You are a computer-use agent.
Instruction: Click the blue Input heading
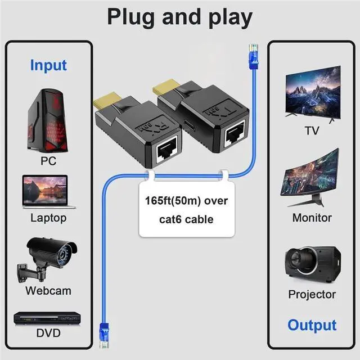click(x=48, y=65)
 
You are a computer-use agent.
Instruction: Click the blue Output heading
click(x=312, y=325)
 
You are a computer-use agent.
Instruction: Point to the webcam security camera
click(x=48, y=258)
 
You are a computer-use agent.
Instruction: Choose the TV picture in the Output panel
click(x=312, y=93)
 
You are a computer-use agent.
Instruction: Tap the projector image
click(x=313, y=264)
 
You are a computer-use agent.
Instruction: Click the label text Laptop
click(x=48, y=218)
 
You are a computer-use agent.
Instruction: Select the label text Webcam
click(x=48, y=291)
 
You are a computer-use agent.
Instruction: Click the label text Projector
click(x=312, y=294)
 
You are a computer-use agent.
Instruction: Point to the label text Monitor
click(x=312, y=218)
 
